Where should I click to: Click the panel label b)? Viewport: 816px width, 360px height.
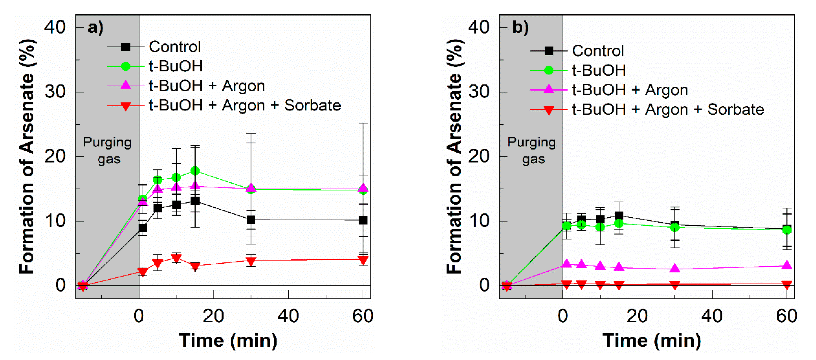pyautogui.click(x=520, y=27)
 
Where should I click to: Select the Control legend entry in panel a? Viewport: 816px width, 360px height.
pyautogui.click(x=175, y=47)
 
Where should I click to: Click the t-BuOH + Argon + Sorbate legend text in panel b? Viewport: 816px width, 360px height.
pyautogui.click(x=668, y=109)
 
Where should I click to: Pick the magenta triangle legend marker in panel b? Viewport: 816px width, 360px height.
pyautogui.click(x=549, y=90)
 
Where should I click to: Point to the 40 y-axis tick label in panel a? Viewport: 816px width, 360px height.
pyautogui.click(x=55, y=27)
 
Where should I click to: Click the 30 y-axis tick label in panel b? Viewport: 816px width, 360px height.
pyautogui.click(x=479, y=92)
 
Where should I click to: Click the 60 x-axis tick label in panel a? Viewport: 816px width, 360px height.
pyautogui.click(x=363, y=316)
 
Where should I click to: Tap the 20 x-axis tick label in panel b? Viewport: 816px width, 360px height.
pyautogui.click(x=637, y=316)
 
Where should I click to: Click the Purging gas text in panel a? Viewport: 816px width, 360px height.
pyautogui.click(x=107, y=150)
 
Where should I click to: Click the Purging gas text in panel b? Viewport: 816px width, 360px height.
pyautogui.click(x=532, y=150)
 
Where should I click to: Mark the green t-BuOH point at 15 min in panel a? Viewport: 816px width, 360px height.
pyautogui.click(x=195, y=171)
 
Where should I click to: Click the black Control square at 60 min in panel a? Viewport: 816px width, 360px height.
pyautogui.click(x=363, y=220)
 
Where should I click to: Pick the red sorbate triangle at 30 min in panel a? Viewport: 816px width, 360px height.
pyautogui.click(x=251, y=261)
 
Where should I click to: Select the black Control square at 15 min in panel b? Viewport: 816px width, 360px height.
pyautogui.click(x=619, y=216)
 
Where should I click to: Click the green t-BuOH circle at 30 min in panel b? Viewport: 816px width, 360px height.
pyautogui.click(x=675, y=227)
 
